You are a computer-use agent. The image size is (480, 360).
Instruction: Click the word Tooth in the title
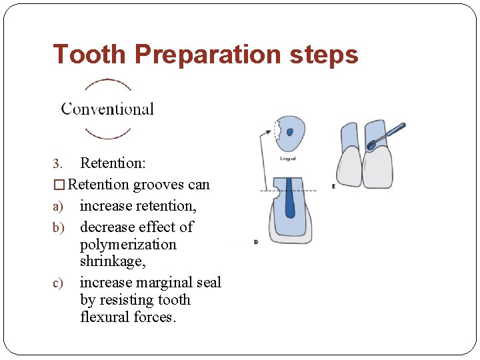(89, 54)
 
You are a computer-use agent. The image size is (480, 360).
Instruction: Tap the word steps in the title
(325, 54)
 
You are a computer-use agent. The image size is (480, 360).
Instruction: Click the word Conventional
(107, 109)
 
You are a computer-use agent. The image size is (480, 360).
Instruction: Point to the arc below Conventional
(107, 134)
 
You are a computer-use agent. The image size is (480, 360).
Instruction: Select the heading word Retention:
(113, 163)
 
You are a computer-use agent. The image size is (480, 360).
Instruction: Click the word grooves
(158, 185)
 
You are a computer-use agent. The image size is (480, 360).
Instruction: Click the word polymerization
(128, 245)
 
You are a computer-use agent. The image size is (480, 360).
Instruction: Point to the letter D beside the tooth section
(256, 242)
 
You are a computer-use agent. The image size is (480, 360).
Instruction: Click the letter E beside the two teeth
(333, 186)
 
